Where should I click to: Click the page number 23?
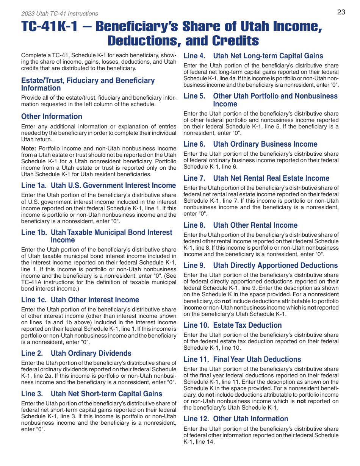coord(341,12)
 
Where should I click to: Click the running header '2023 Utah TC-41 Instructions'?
coord(59,14)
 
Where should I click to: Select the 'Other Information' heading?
coord(52,117)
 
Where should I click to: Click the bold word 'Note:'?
coord(28,149)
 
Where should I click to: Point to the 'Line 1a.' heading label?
coord(34,186)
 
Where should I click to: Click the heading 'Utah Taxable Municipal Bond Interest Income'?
coord(111,236)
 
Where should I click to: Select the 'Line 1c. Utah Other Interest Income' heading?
coord(80,300)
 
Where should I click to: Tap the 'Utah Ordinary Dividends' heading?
coord(91,353)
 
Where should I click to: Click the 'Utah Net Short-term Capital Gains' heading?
coord(106,394)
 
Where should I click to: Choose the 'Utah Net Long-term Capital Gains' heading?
coord(268,56)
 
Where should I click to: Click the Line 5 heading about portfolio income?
coord(275,100)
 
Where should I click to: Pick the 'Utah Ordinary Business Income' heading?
coord(265,144)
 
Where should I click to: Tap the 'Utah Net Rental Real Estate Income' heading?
coord(271,178)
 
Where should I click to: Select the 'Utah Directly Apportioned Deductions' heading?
coord(275,266)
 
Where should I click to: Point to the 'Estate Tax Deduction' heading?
coord(247,325)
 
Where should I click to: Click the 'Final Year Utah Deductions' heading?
coord(257,360)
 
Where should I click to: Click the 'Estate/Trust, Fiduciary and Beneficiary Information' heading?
coord(88,84)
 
